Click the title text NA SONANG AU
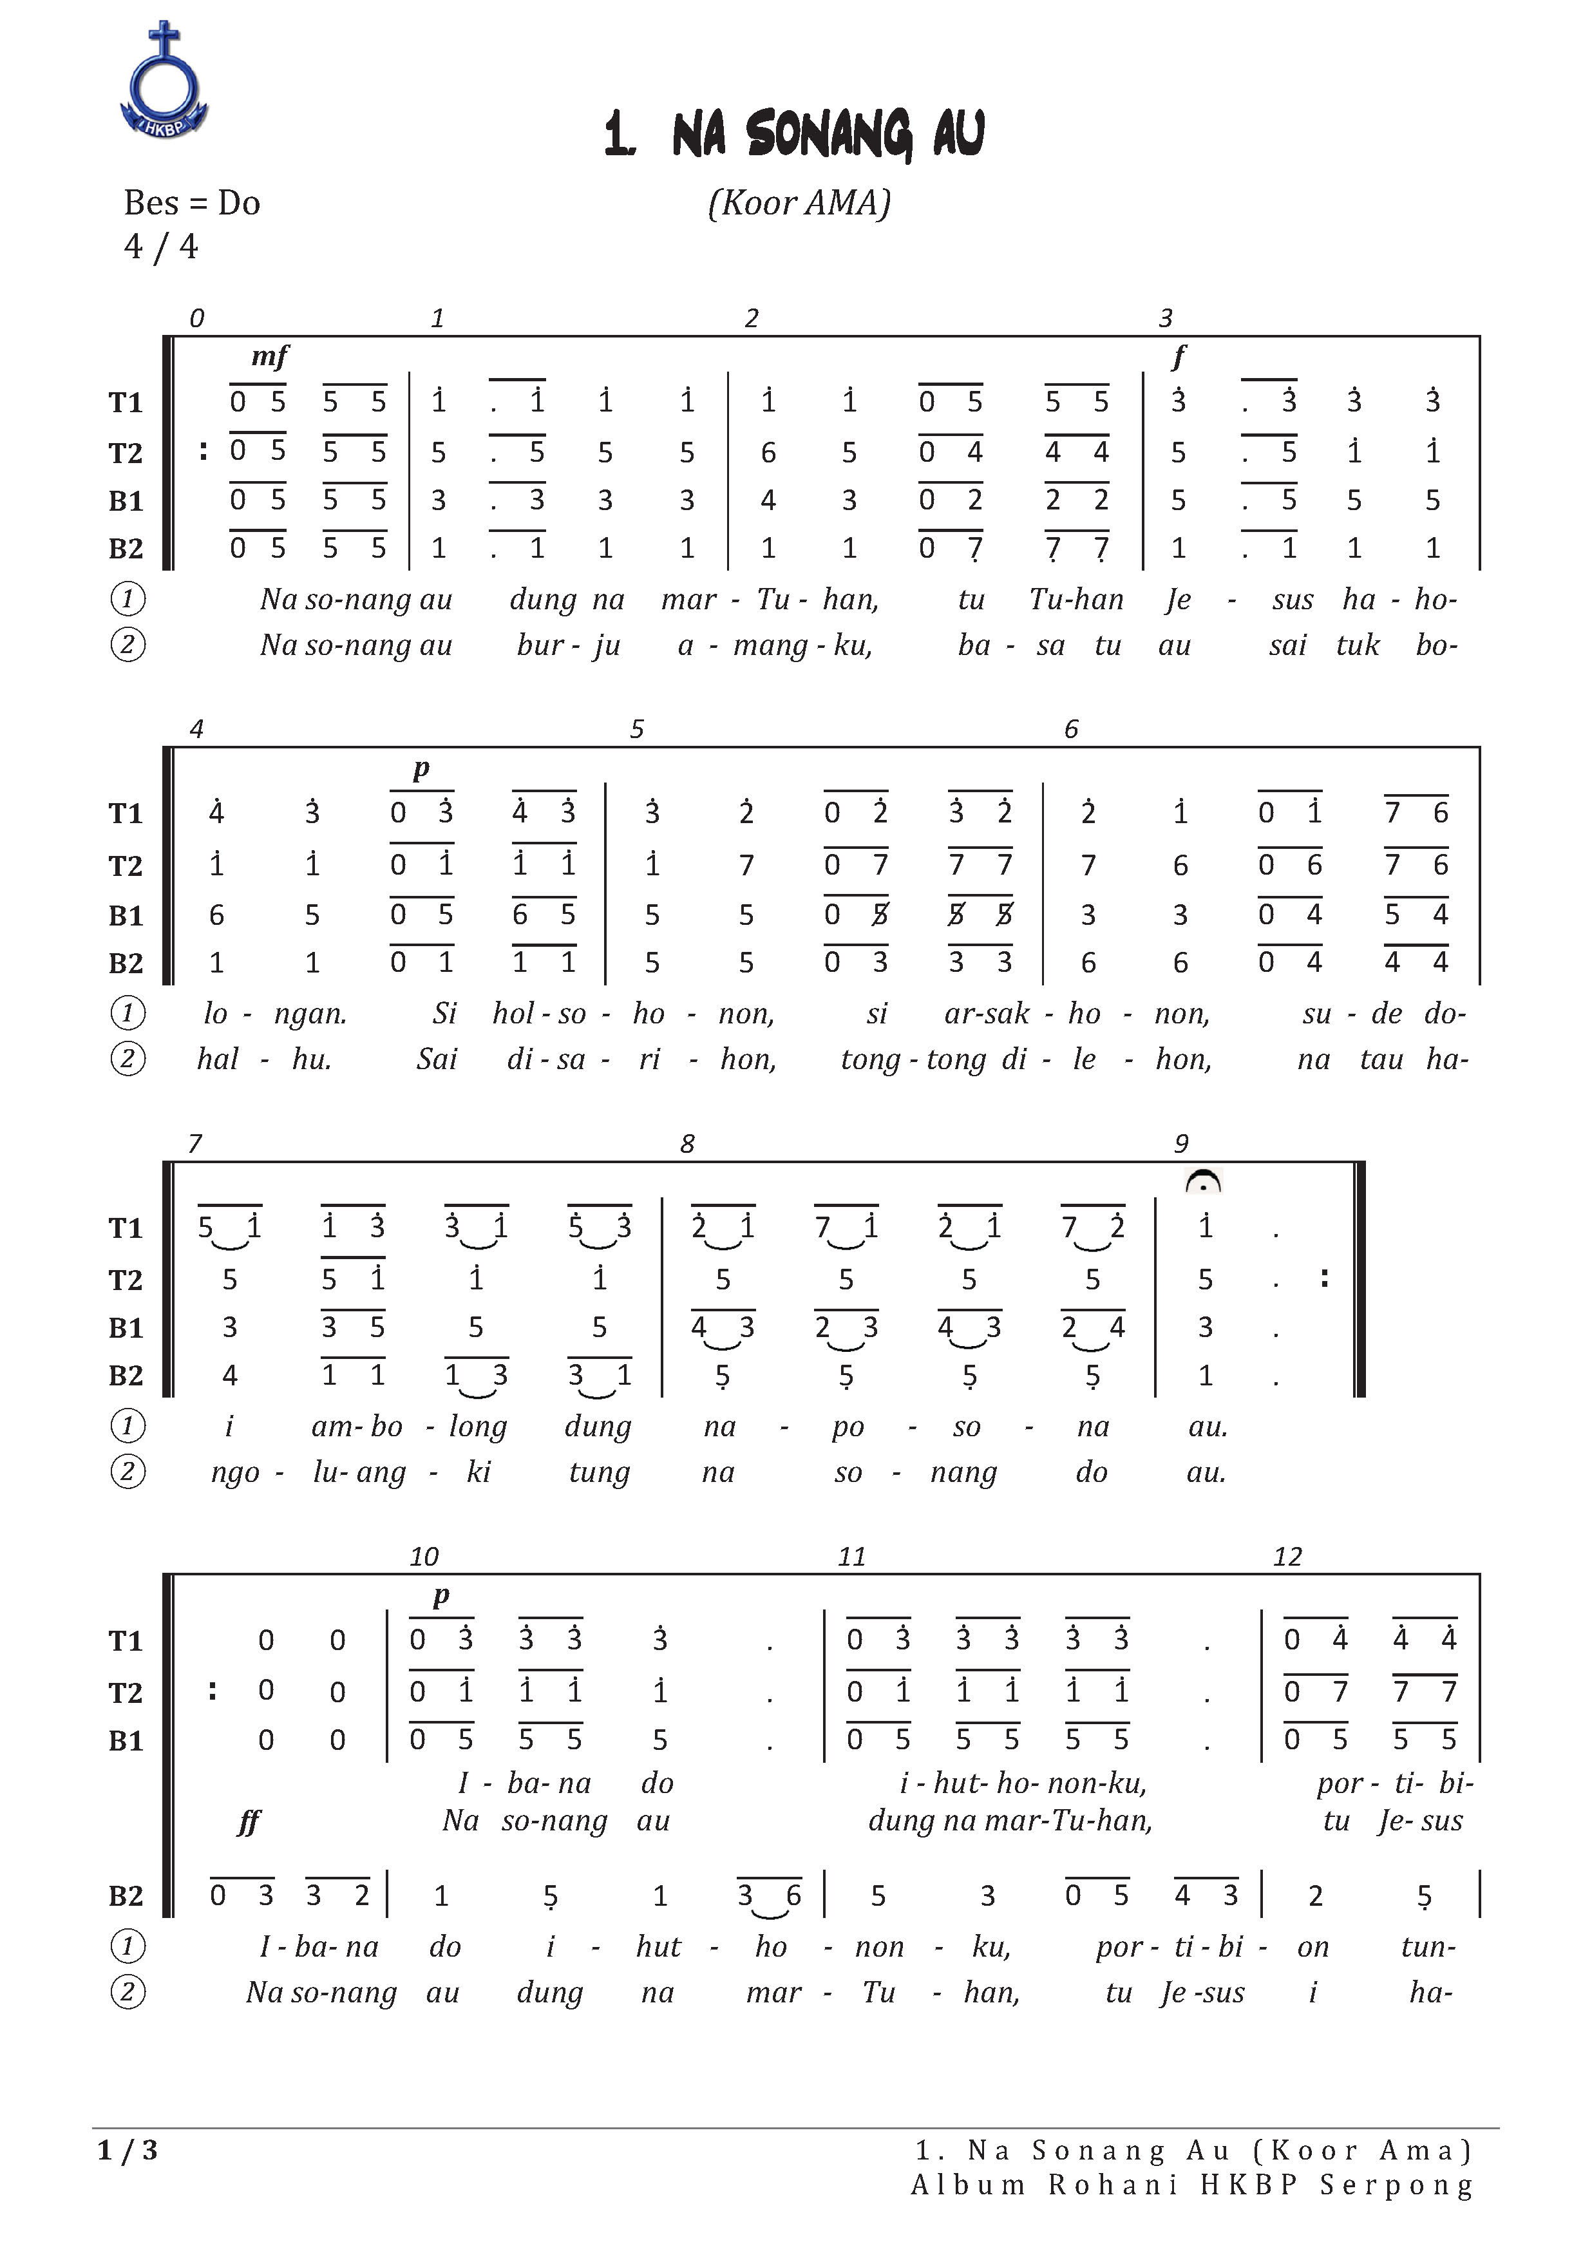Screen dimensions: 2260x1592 (x=795, y=135)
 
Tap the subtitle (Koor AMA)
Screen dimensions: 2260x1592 (x=799, y=203)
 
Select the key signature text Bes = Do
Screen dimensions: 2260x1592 (x=192, y=203)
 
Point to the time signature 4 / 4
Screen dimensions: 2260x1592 (x=160, y=246)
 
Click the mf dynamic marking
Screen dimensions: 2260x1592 (x=270, y=356)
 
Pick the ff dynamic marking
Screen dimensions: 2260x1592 (x=249, y=1822)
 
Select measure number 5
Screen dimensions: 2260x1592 (x=637, y=729)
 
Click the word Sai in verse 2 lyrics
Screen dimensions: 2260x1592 (x=435, y=1059)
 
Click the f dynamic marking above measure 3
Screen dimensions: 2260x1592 (x=1179, y=356)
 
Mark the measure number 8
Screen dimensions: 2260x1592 (x=687, y=1144)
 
